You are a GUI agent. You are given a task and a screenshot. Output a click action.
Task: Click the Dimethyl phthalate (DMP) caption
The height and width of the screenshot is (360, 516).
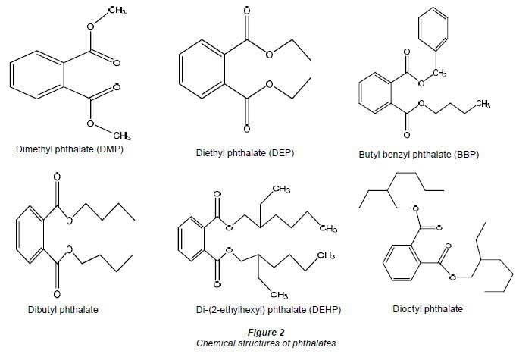tap(70, 149)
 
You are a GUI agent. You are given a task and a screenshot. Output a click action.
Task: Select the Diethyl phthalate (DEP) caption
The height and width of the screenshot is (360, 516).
tap(245, 153)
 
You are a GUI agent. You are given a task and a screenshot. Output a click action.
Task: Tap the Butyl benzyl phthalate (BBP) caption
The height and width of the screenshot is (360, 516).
tap(418, 155)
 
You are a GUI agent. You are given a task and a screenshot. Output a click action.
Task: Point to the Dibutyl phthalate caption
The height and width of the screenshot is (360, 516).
tap(63, 310)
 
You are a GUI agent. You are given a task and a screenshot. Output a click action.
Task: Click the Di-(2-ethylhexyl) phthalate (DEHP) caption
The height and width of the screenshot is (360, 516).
tap(268, 310)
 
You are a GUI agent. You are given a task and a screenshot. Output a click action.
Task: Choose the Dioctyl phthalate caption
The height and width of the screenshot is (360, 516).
tap(428, 309)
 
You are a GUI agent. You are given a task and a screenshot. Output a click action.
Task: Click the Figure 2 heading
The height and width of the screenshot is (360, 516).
tap(266, 333)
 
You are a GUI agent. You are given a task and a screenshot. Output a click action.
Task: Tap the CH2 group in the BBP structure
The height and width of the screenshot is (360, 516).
tap(439, 73)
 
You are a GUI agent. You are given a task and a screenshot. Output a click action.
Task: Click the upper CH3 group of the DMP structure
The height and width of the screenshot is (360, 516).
tap(117, 10)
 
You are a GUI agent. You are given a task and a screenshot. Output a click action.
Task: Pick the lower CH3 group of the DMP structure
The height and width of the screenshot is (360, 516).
tap(122, 135)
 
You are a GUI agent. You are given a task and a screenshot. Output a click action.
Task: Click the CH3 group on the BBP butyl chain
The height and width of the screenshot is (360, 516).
tap(483, 104)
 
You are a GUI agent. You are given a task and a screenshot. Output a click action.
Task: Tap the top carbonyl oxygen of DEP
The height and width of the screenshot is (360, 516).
tap(247, 11)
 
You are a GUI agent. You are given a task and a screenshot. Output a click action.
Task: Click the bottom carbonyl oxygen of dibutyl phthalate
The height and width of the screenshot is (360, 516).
tap(57, 293)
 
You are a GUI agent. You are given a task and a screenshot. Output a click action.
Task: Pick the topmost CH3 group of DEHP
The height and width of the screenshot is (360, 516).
tap(281, 189)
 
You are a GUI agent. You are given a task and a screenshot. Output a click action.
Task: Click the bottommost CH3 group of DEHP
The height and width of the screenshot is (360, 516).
tap(279, 295)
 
